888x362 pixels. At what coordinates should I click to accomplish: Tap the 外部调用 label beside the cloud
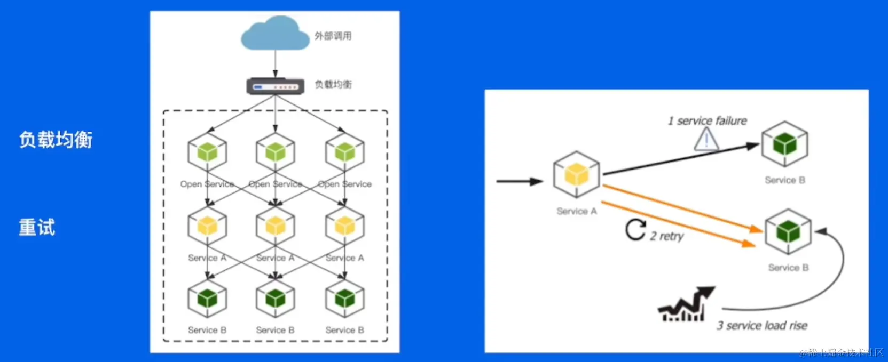[x=333, y=36]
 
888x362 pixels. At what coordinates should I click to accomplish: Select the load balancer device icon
[x=275, y=86]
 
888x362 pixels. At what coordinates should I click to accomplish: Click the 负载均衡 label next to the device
[x=333, y=84]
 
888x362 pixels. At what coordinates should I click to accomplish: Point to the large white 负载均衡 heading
[x=56, y=140]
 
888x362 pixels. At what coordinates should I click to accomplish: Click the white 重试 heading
[x=37, y=228]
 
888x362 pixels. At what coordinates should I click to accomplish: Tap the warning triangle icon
[x=706, y=140]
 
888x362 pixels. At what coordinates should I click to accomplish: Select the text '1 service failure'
[x=707, y=121]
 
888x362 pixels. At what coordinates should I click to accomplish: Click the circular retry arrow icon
[x=635, y=230]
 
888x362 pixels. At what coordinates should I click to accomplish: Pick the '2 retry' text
[x=666, y=236]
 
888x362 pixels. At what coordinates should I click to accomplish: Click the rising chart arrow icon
[x=686, y=304]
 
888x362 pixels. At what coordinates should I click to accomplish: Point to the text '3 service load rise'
[x=761, y=325]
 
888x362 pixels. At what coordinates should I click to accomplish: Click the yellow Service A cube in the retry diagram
[x=576, y=174]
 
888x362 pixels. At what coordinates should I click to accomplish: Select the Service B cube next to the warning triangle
[x=784, y=144]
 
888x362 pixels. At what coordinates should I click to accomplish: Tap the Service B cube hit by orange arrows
[x=788, y=231]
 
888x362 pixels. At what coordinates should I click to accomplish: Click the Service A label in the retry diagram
[x=576, y=211]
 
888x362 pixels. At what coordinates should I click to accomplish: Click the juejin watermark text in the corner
[x=840, y=352]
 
